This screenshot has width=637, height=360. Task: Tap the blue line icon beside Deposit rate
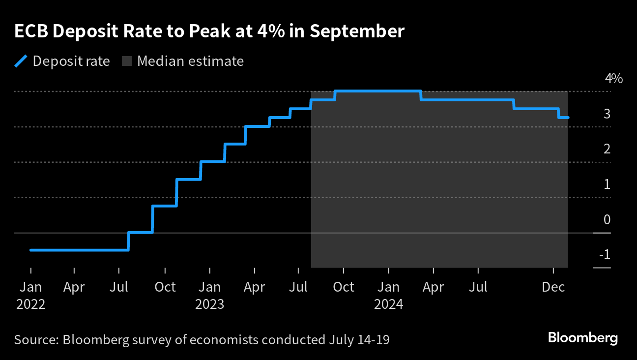tap(21, 61)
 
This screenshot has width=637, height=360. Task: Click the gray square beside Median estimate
tap(127, 61)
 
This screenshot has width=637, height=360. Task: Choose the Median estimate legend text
tap(190, 61)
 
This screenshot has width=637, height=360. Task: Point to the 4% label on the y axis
tap(613, 79)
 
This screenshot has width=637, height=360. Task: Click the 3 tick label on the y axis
tap(607, 114)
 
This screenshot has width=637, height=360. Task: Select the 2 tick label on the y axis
tap(607, 149)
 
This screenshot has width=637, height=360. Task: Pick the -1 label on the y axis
tap(605, 255)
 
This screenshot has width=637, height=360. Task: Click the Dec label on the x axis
tap(553, 287)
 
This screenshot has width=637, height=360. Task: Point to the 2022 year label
tap(30, 304)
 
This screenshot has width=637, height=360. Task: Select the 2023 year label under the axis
tap(209, 304)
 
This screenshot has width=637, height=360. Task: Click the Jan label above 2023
tap(209, 287)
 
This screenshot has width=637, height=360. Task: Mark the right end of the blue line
tap(568, 118)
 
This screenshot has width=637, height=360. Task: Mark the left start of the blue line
tap(31, 250)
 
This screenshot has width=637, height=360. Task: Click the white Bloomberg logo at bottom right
tap(582, 338)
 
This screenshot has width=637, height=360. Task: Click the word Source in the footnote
tap(34, 340)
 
